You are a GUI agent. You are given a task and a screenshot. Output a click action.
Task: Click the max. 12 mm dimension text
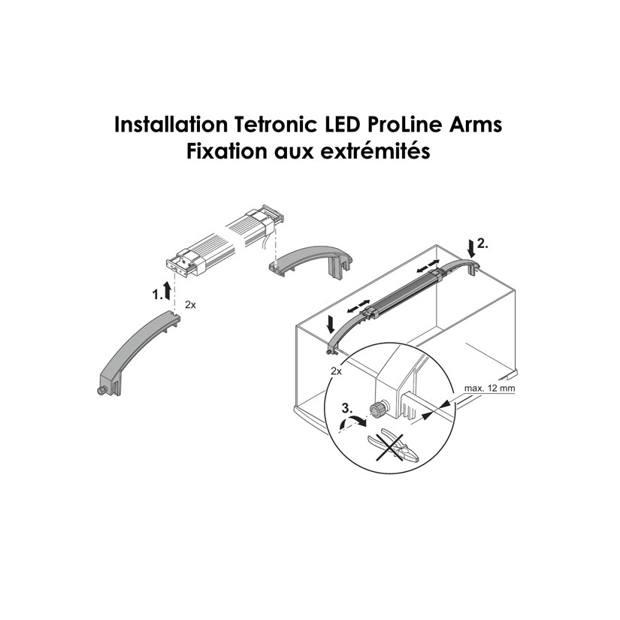tap(489, 389)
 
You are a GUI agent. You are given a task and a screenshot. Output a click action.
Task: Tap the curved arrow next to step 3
tap(349, 425)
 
